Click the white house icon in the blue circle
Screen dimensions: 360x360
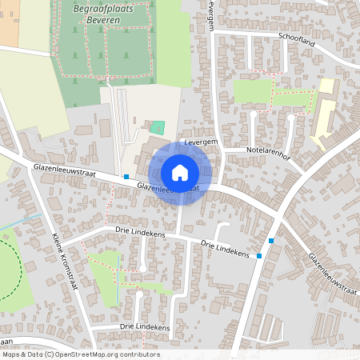(x=180, y=173)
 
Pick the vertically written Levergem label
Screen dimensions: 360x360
(x=211, y=14)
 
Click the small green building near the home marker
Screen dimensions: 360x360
(x=157, y=126)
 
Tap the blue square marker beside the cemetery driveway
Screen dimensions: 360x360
(x=126, y=176)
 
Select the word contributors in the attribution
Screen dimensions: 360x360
(x=139, y=354)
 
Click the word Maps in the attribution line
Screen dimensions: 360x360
(x=11, y=354)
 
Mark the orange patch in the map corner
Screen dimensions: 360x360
(x=9, y=19)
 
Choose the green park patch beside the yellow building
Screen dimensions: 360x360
(x=258, y=92)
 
